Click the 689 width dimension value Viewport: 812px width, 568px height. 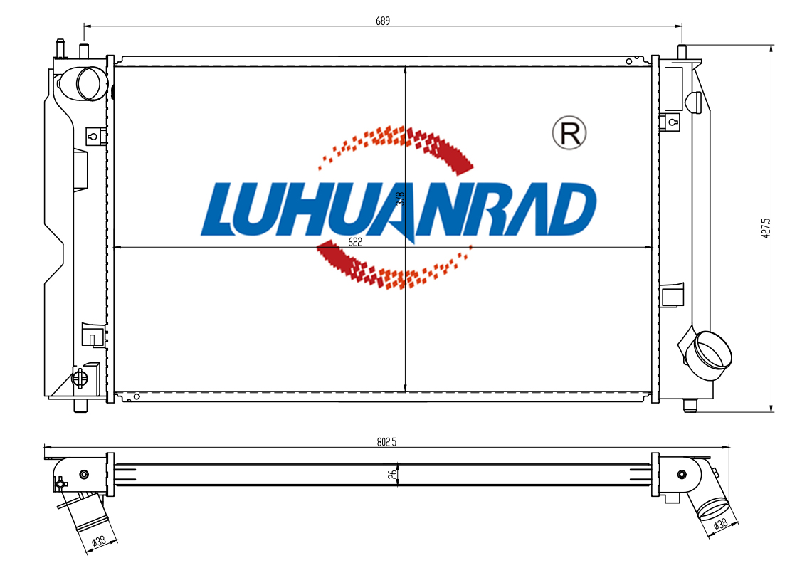click(x=383, y=21)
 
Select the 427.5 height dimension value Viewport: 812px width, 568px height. click(x=766, y=227)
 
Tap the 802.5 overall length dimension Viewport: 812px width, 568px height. click(x=386, y=442)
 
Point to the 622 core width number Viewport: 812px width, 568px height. click(x=354, y=242)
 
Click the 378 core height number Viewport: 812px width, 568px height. click(x=400, y=199)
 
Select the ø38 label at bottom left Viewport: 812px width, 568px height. click(x=98, y=541)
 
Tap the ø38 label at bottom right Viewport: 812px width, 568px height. click(x=720, y=523)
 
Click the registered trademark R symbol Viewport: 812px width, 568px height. click(x=569, y=133)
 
